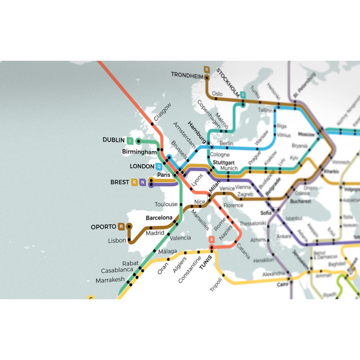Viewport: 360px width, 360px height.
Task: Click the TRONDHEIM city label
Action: pyautogui.click(x=187, y=75)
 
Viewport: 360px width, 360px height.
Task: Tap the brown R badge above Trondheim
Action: pyautogui.click(x=207, y=69)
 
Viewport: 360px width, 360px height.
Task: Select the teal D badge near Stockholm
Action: pyautogui.click(x=243, y=95)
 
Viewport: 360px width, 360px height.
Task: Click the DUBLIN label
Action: pyautogui.click(x=113, y=140)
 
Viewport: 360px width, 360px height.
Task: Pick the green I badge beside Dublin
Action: pyautogui.click(x=130, y=140)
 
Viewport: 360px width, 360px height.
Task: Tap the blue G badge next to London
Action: pyautogui.click(x=158, y=166)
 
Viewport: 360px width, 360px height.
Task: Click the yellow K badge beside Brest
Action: pyautogui.click(x=134, y=182)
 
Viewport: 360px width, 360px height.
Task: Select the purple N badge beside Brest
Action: pyautogui.click(x=142, y=182)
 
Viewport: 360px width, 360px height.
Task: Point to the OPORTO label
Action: pyautogui.click(x=103, y=226)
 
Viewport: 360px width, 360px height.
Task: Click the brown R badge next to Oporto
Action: pyautogui.click(x=121, y=226)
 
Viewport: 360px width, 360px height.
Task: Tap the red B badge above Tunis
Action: pyautogui.click(x=211, y=239)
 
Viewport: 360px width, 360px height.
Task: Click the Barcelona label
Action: pyautogui.click(x=159, y=218)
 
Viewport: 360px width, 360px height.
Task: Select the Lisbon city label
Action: pyautogui.click(x=117, y=241)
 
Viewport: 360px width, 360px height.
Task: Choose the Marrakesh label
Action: pyautogui.click(x=110, y=280)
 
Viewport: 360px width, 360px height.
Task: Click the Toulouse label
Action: pyautogui.click(x=166, y=204)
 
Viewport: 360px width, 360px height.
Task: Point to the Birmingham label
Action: pyautogui.click(x=139, y=152)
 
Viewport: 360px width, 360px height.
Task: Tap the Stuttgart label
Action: pyautogui.click(x=223, y=162)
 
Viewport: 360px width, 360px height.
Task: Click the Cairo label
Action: pyautogui.click(x=282, y=284)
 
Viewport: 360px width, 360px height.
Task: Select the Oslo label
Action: pyautogui.click(x=217, y=94)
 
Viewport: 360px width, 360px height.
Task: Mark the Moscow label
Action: pyautogui.click(x=306, y=135)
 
